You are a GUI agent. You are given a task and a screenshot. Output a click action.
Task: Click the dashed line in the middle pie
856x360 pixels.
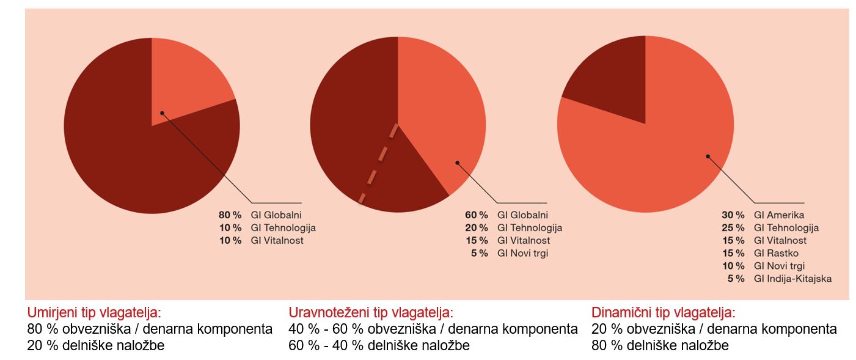point(379,163)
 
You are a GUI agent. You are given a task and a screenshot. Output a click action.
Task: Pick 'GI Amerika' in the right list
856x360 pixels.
point(779,215)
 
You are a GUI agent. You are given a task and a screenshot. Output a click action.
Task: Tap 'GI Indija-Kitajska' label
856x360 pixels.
point(792,279)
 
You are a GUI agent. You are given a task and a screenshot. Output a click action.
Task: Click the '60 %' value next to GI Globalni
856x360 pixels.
point(477,215)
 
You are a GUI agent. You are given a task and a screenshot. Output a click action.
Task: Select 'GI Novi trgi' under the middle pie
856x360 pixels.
point(522,253)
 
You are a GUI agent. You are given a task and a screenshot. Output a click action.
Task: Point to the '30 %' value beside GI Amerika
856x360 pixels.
point(733,215)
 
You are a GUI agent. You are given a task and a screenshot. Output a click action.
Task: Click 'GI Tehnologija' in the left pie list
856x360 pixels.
point(283,228)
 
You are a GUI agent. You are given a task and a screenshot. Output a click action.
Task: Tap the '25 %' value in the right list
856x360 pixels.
point(733,228)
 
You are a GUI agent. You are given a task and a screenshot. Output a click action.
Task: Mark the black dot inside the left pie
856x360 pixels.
point(162,112)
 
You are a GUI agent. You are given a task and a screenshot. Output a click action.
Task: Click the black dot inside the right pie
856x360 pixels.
point(708,156)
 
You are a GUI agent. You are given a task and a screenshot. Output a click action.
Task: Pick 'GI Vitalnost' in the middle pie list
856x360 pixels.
point(523,240)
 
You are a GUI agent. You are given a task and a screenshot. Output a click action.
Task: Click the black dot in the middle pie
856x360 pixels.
point(457,163)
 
